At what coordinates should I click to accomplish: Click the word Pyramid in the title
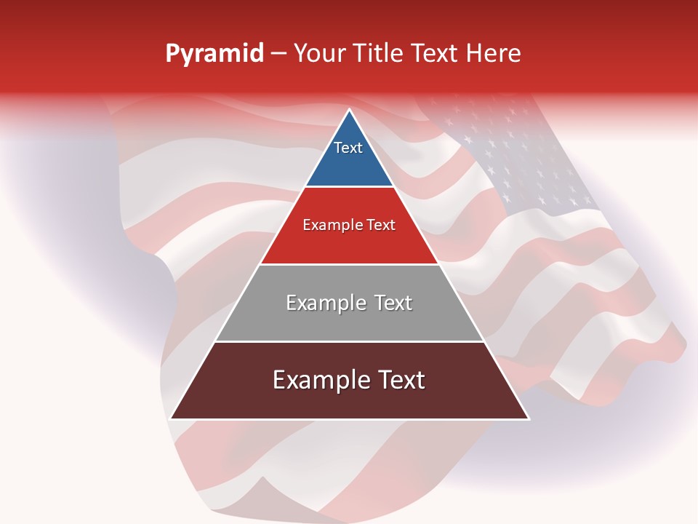[x=214, y=54]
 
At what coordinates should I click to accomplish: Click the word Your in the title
[x=318, y=54]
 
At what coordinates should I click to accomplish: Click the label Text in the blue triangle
[x=348, y=148]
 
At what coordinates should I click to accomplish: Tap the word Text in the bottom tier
[x=401, y=380]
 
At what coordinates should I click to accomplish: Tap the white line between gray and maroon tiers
[x=349, y=341]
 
